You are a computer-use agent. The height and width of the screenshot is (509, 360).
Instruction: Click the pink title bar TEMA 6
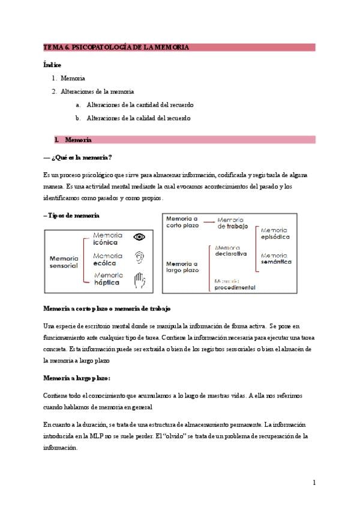tap(179, 47)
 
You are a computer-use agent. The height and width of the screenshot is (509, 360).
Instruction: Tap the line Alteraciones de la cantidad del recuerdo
tap(140, 105)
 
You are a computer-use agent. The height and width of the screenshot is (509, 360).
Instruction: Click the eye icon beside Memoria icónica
tap(139, 238)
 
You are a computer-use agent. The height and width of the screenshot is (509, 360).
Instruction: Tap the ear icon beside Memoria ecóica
tap(139, 258)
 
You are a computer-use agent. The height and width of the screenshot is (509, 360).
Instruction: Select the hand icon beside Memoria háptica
tap(139, 279)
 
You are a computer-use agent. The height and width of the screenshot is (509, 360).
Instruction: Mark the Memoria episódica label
tap(275, 233)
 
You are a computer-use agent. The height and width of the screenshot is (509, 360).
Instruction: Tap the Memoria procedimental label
tap(235, 284)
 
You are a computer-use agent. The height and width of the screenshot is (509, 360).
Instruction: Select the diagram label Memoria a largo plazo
tap(182, 267)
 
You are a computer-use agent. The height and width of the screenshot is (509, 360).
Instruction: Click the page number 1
tap(314, 483)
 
